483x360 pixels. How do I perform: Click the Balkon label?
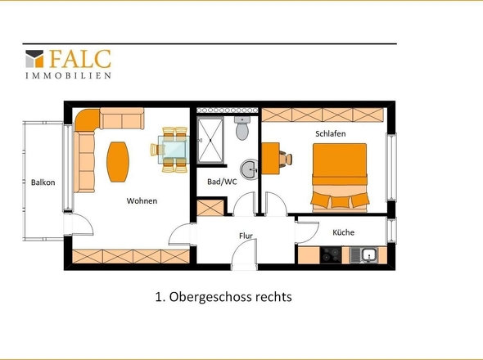pos(43,182)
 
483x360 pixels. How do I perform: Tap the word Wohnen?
pos(142,200)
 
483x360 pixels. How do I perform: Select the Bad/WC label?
pos(222,182)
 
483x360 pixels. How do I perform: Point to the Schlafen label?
pos(330,133)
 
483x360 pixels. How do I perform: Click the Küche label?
pos(343,232)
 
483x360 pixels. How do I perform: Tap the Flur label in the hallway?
pos(246,236)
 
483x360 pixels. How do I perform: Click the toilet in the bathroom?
pos(242,128)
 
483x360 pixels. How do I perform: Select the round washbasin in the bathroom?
pos(249,169)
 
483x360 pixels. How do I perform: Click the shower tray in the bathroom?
pos(210,140)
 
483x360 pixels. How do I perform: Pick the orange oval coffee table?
pos(117,162)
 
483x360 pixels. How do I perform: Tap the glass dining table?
pos(173,150)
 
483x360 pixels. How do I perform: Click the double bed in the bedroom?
pos(340,178)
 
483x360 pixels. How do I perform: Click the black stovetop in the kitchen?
pos(331,255)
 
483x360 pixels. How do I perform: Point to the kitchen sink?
pos(363,255)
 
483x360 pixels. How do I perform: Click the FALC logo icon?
pos(34,59)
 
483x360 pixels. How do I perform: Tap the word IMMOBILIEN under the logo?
pos(68,75)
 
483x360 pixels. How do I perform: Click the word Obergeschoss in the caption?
pos(211,297)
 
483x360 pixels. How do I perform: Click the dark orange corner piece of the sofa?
pos(87,120)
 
